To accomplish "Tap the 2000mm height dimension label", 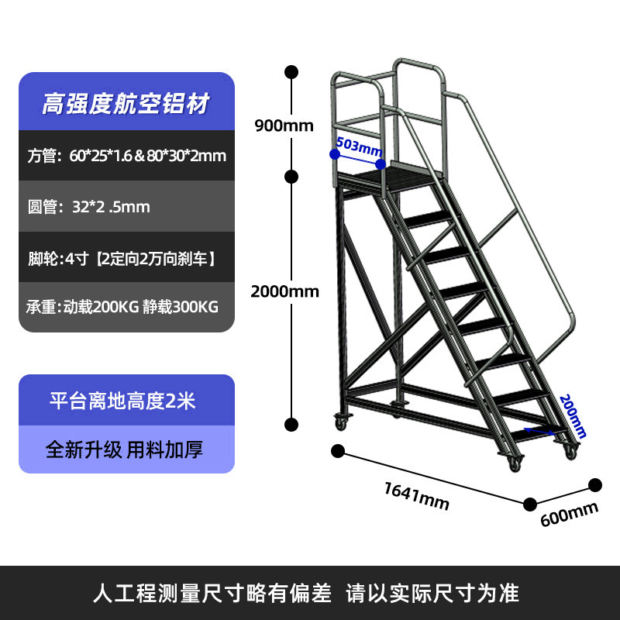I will tap(284, 291).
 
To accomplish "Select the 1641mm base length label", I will tap(417, 495).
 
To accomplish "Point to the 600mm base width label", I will tap(570, 513).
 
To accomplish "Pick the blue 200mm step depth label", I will tap(573, 415).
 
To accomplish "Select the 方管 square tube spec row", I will tap(126, 156).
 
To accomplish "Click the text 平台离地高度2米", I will tap(122, 401).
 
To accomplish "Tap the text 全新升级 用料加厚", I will tap(124, 449).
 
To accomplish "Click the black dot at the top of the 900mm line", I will tap(292, 73).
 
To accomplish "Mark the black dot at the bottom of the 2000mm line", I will tap(292, 424).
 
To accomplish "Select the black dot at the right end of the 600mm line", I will tap(595, 485).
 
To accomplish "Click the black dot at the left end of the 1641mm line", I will tap(338, 450).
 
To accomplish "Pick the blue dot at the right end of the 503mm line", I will tap(381, 164).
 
